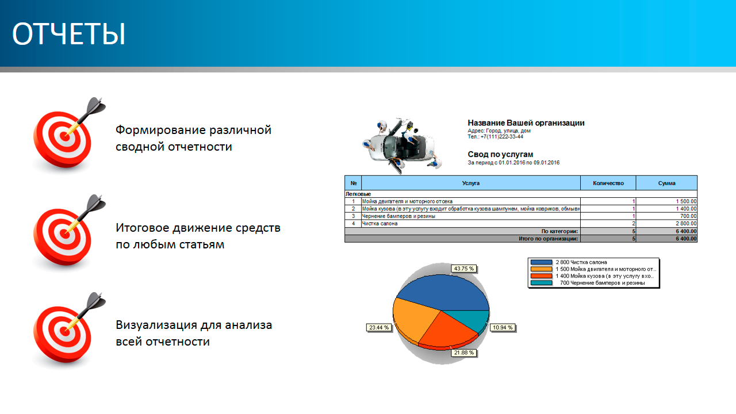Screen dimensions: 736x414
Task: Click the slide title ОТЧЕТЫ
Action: [68, 33]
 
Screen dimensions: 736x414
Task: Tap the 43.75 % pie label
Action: [463, 269]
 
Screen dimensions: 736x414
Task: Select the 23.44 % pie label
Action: [379, 328]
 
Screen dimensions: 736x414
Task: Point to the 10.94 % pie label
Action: [503, 328]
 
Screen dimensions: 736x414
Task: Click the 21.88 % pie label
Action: [463, 353]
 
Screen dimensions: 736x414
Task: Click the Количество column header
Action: [608, 183]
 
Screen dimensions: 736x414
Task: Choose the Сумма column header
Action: [666, 183]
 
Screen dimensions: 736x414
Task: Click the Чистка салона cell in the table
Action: [379, 224]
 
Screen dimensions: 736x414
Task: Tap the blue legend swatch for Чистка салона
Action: [541, 262]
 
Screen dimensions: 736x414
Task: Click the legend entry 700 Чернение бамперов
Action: [602, 283]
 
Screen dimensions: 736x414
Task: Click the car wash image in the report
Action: [402, 146]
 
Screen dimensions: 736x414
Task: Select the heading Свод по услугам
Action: [500, 155]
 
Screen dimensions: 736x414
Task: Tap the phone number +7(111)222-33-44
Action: [502, 137]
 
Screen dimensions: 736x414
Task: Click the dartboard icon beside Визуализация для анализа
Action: [66, 330]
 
